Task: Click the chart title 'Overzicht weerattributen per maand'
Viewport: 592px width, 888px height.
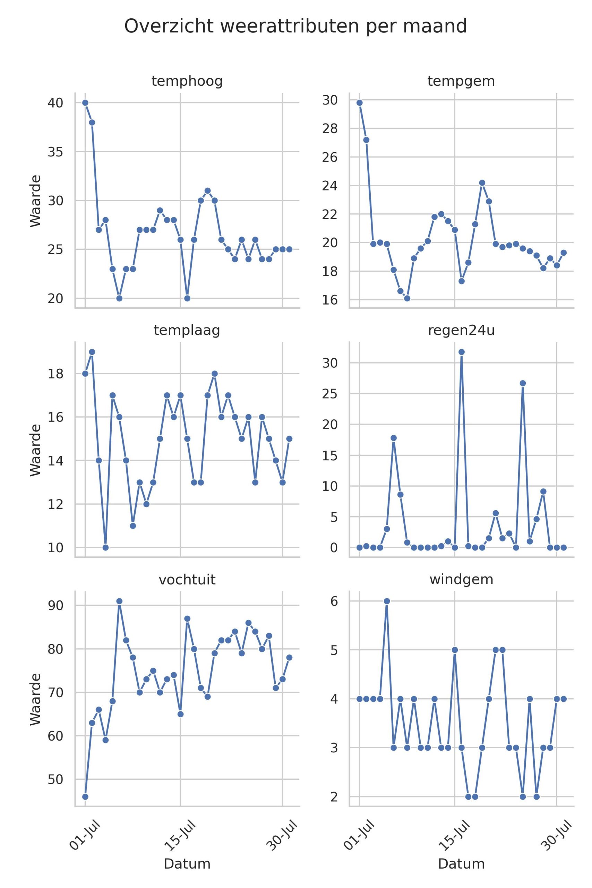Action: click(x=295, y=26)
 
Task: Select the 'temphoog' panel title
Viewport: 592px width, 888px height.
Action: click(x=187, y=81)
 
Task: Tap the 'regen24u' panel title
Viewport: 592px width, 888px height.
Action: click(x=461, y=330)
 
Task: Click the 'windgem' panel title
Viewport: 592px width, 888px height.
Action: click(x=461, y=579)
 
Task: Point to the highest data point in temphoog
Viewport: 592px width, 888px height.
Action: click(x=85, y=103)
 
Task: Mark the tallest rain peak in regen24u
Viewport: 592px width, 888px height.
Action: click(x=461, y=352)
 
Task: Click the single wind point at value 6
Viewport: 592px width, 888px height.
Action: click(x=387, y=601)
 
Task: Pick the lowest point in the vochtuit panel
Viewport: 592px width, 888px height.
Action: click(x=85, y=797)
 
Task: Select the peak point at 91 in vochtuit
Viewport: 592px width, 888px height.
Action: click(x=119, y=601)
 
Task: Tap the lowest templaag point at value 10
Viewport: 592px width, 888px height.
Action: click(x=106, y=547)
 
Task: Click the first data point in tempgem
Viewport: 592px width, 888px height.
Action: click(x=359, y=103)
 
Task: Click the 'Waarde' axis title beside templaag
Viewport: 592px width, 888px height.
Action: click(x=35, y=450)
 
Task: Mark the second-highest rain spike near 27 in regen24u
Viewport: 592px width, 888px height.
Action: click(x=523, y=383)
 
